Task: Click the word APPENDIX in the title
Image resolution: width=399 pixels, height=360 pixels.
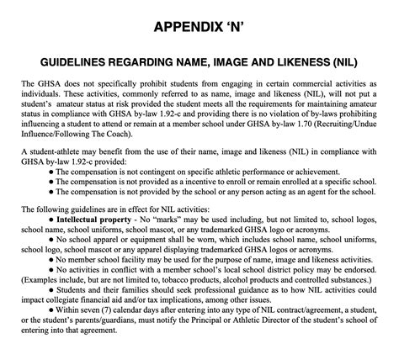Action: coord(185,29)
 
